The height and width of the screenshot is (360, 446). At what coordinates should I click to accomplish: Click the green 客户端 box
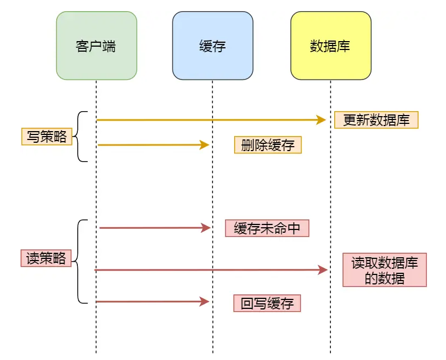point(96,46)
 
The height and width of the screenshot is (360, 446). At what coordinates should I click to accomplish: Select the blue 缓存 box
point(212,46)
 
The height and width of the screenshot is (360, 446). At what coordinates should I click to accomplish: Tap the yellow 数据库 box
point(330,46)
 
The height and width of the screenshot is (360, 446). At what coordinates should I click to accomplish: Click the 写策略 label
point(47,137)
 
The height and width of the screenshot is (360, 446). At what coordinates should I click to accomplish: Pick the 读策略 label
point(46,258)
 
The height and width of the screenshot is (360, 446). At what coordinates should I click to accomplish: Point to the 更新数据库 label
point(376,120)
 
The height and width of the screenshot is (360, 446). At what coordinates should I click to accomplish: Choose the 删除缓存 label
point(267,145)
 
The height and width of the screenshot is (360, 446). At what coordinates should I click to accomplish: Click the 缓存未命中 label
point(266,228)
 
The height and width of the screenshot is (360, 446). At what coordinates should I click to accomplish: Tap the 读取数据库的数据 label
point(384,270)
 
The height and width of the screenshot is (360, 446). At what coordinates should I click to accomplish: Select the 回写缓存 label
point(267,303)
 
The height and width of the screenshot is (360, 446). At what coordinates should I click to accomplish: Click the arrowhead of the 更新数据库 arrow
point(321,119)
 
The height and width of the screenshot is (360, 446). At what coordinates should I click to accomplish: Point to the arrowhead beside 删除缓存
point(205,145)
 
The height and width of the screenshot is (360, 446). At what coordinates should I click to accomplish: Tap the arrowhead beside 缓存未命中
point(206,228)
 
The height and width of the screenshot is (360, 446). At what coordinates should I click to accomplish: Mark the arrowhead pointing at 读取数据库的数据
point(323,270)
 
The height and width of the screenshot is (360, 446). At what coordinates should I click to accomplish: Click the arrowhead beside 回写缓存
point(205,302)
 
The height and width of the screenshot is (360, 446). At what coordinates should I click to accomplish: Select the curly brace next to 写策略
point(81,137)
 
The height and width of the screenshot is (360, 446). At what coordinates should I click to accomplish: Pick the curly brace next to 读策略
point(81,261)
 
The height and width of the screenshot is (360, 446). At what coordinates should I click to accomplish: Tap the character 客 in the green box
point(82,46)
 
